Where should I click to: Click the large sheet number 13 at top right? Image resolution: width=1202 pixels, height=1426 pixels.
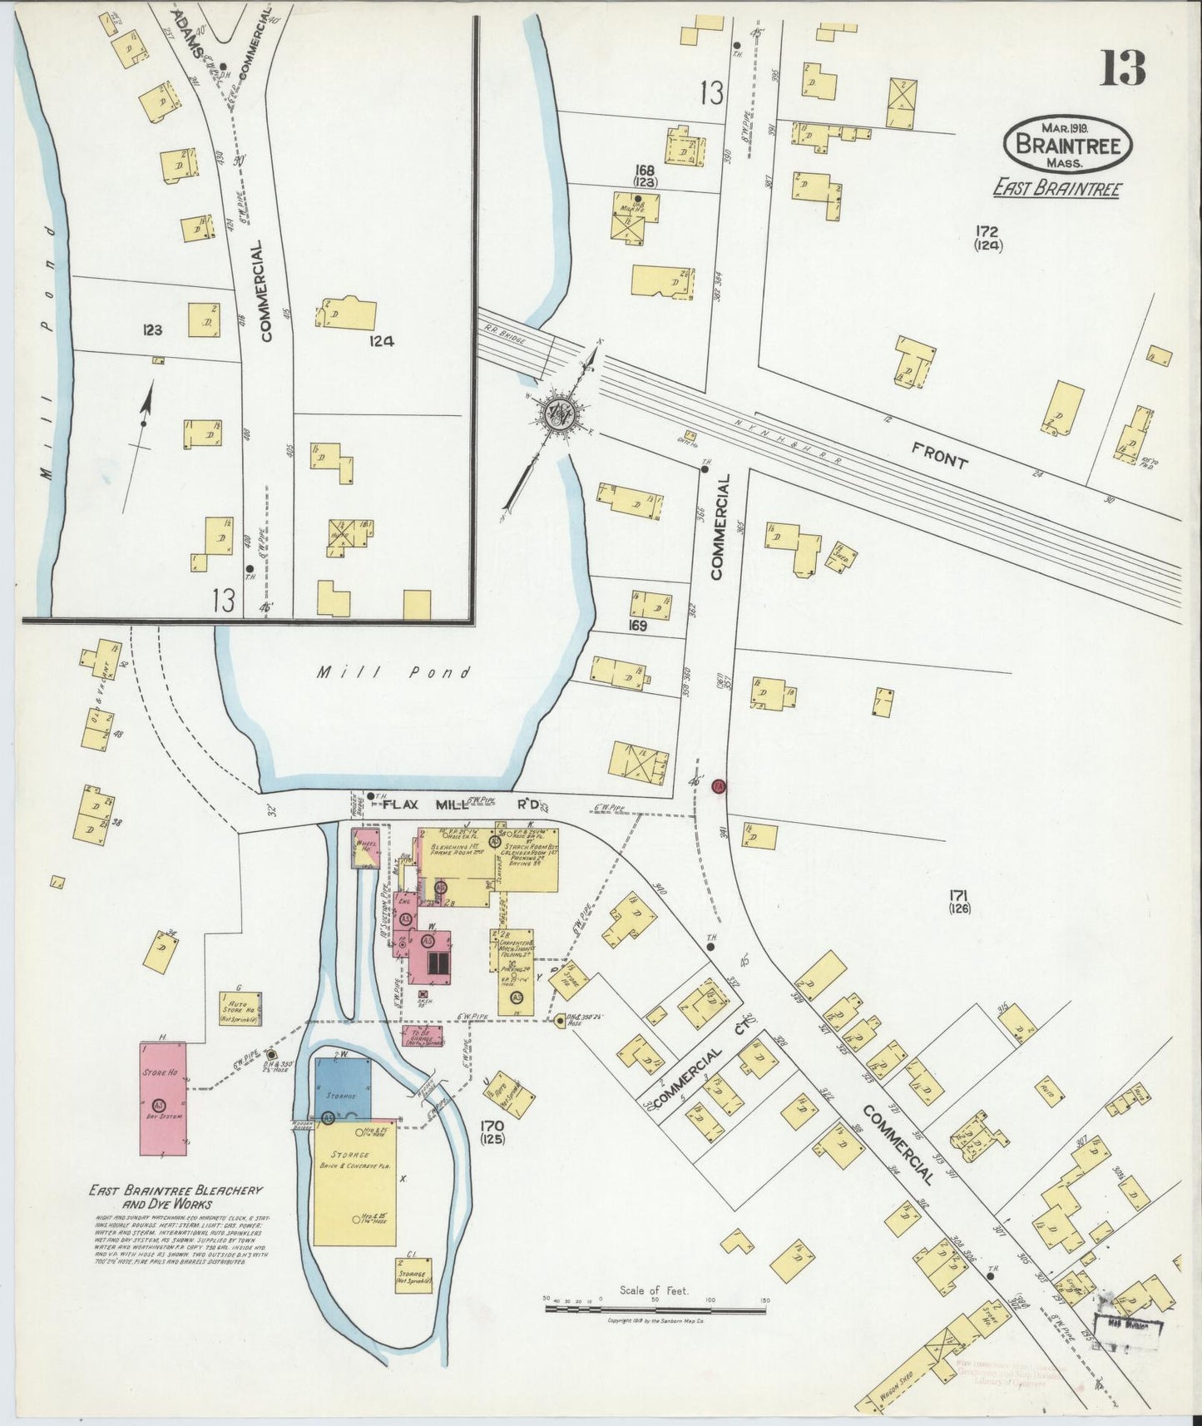(1123, 68)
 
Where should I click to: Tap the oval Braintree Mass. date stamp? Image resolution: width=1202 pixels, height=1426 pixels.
(1067, 145)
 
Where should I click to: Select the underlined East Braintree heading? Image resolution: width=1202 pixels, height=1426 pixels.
(1056, 189)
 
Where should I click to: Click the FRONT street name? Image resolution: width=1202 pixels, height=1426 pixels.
(940, 456)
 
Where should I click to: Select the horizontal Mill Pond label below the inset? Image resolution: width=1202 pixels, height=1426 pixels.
(395, 672)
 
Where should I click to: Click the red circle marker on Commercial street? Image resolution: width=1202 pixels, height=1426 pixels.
(720, 786)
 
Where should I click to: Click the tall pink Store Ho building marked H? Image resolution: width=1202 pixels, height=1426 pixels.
(163, 1098)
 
